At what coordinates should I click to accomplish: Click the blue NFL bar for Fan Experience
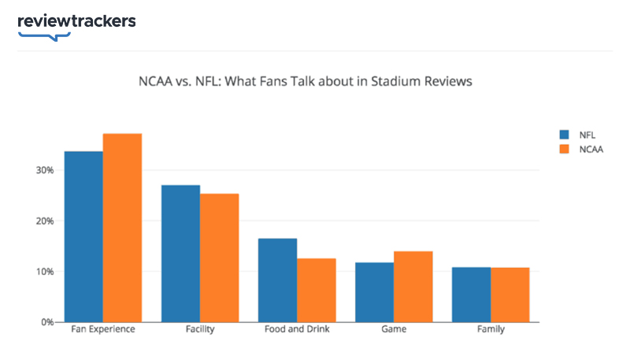click(x=83, y=236)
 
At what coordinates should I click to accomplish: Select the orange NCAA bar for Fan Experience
click(x=122, y=228)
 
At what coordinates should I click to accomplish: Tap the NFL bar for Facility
click(x=180, y=253)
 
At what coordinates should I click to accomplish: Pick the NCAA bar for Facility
click(x=219, y=258)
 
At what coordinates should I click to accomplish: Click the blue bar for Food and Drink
click(x=277, y=280)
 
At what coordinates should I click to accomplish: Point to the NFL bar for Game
click(x=374, y=292)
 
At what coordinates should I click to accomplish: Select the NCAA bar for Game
click(x=413, y=287)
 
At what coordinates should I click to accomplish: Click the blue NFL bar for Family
click(x=471, y=295)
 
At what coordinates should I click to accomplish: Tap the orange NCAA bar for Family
click(x=510, y=295)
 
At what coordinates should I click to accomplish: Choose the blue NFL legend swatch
click(x=564, y=134)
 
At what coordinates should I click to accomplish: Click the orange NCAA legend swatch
click(x=564, y=148)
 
